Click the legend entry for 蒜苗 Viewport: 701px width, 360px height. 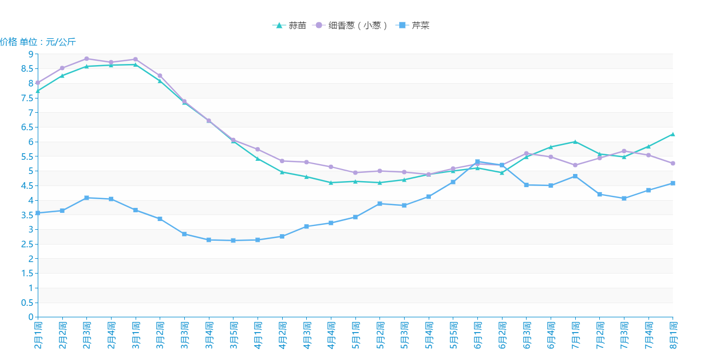[x=289, y=25]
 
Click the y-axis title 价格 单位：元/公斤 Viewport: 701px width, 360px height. [x=38, y=42]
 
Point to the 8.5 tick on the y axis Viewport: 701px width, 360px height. [x=27, y=69]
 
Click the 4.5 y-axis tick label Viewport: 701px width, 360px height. [x=27, y=185]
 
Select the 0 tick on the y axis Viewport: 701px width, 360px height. [x=31, y=317]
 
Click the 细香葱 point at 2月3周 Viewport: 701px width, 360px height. [x=86, y=59]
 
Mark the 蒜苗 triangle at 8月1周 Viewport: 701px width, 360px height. [x=673, y=134]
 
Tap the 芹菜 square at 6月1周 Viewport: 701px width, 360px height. [x=477, y=161]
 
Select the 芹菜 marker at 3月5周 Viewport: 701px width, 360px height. [x=233, y=240]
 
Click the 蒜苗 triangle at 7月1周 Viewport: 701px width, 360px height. [x=575, y=142]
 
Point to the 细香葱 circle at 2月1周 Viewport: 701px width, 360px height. [x=38, y=83]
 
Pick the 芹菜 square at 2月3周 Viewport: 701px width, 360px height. [x=86, y=198]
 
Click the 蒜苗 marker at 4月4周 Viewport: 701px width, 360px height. [x=331, y=183]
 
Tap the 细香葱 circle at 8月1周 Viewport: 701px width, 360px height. [x=673, y=163]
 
